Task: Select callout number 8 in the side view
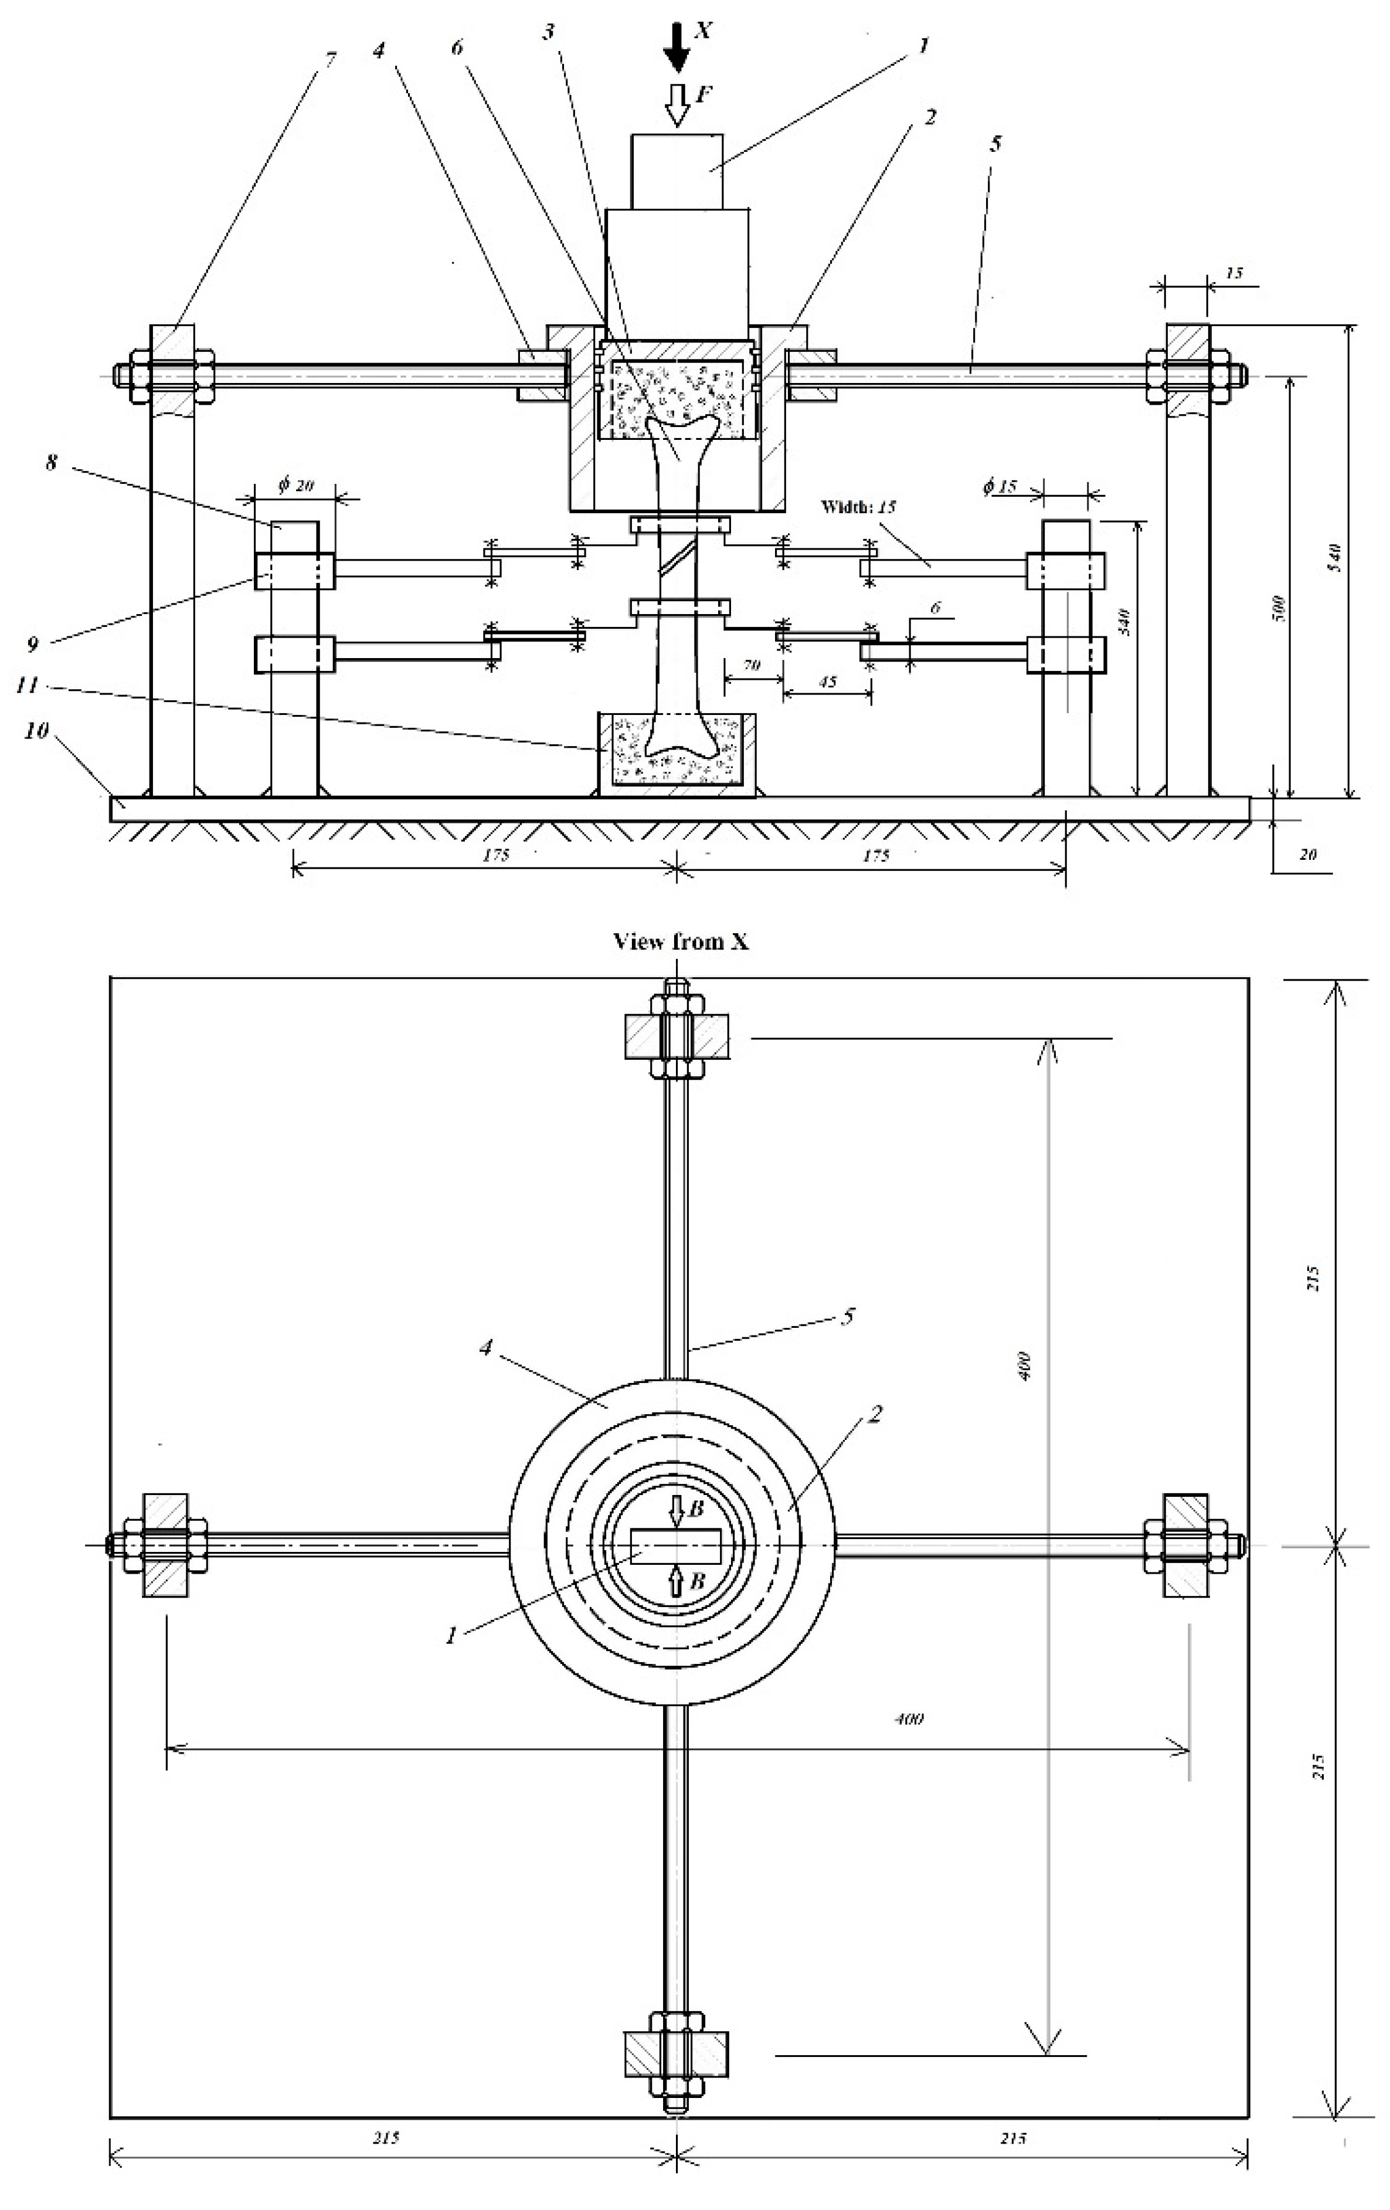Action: (x=52, y=463)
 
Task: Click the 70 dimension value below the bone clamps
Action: (x=752, y=665)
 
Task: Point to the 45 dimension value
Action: (x=827, y=682)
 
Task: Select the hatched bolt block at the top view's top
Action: (x=677, y=1036)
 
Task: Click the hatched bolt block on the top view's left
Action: (x=166, y=1545)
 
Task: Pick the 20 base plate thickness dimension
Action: (x=1307, y=853)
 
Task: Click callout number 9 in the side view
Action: (x=33, y=644)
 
